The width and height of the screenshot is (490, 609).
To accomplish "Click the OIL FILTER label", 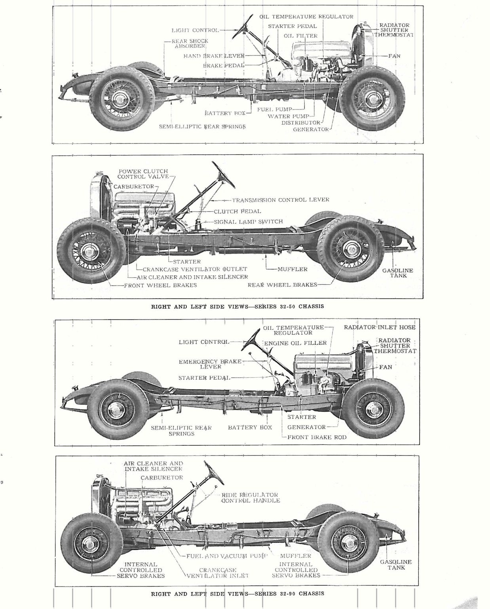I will point(300,36).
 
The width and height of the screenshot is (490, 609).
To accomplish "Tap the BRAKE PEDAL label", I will point(224,65).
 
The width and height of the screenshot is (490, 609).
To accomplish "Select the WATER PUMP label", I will point(284,116).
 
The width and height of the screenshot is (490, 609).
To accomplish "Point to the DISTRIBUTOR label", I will point(300,123).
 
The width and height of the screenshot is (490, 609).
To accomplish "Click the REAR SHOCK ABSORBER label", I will point(190,43).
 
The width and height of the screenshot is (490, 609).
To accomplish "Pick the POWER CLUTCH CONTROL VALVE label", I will point(143,174).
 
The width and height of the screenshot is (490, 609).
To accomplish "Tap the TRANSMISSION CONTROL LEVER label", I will point(280,200).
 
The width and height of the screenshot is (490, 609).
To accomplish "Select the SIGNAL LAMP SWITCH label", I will point(248,222).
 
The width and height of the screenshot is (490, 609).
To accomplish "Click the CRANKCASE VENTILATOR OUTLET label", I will point(195,269).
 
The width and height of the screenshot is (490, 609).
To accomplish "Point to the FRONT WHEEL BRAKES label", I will point(160,285).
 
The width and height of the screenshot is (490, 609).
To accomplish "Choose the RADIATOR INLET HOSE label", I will point(380,327).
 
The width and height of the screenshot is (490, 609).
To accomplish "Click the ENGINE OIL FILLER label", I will point(295,343).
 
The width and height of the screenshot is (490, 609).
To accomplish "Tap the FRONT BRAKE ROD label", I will point(317,437).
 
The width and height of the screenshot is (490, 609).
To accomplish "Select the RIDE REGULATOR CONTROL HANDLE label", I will point(250,497).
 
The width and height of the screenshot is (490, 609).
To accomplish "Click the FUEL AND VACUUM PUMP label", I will point(227,556).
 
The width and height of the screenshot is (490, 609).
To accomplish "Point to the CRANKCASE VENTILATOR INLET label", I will point(218,573).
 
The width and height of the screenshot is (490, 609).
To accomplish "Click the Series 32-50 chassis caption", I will point(237,306).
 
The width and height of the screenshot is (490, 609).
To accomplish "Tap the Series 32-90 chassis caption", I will point(237,593).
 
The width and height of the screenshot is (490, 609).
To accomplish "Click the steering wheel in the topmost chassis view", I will point(243,26).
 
